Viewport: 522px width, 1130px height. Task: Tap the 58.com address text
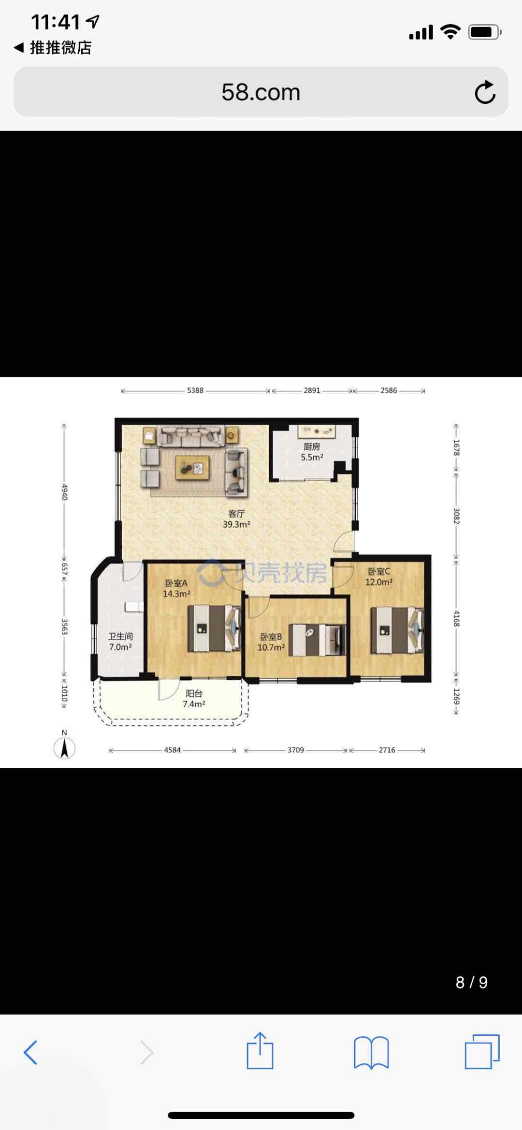click(261, 92)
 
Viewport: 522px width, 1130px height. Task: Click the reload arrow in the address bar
click(485, 92)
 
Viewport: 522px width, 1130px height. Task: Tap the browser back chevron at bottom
click(30, 1052)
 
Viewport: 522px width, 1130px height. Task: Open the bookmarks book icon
click(371, 1052)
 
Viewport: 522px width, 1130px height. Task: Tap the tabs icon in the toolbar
click(482, 1051)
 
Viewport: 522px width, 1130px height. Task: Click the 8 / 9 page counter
click(472, 982)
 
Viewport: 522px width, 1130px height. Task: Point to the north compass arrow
click(64, 748)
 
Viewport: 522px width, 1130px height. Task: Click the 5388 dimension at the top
click(195, 390)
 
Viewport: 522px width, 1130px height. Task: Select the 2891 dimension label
click(312, 390)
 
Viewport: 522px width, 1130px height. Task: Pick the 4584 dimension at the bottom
click(172, 750)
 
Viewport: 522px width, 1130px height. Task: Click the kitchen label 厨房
click(312, 446)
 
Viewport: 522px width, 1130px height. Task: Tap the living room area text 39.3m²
click(236, 524)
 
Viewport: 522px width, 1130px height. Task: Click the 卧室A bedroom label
click(176, 583)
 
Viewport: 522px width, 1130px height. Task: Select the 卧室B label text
click(271, 637)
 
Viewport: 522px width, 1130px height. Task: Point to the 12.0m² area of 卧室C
click(379, 582)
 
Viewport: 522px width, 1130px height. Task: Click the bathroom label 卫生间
click(120, 636)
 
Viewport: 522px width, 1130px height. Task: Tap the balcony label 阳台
click(194, 693)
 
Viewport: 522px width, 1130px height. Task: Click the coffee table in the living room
click(192, 468)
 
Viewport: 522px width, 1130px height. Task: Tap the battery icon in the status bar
click(485, 32)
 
